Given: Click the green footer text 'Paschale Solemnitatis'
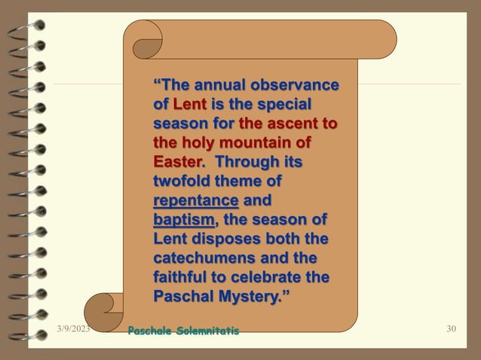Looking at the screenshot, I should tap(183, 331).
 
